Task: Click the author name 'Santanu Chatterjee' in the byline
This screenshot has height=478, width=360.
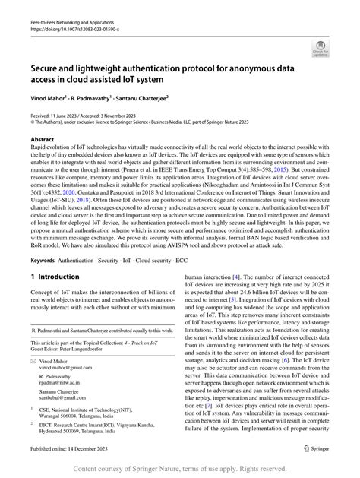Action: click(156, 98)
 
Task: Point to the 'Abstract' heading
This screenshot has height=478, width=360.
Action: click(42, 141)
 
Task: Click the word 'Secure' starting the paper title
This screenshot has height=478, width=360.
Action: click(47, 67)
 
